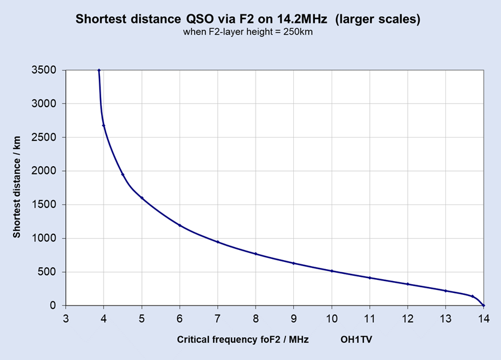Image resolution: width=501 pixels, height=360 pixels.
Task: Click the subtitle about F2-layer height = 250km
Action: (x=248, y=32)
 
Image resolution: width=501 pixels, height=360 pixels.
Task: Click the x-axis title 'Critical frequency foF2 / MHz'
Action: (x=242, y=340)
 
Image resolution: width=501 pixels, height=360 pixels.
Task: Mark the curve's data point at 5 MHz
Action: (x=142, y=198)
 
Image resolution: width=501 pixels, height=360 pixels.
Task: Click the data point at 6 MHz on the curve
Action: (x=180, y=225)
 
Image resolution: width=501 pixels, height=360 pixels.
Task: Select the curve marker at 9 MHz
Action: (x=294, y=263)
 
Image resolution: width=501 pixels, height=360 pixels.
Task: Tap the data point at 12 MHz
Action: (x=408, y=284)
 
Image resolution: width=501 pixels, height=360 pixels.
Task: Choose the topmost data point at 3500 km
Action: (x=99, y=71)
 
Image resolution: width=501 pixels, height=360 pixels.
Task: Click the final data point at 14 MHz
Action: (x=483, y=306)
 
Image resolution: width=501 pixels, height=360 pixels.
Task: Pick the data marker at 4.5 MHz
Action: (x=123, y=175)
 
